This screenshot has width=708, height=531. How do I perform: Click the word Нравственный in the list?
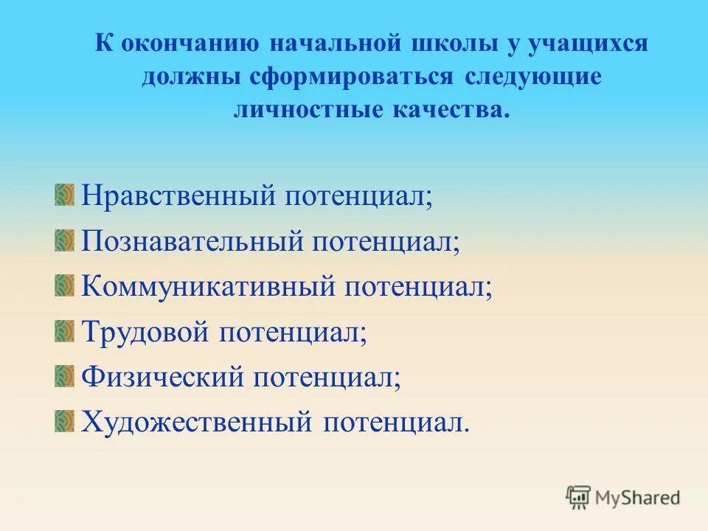pos(176,197)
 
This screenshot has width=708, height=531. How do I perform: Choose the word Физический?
pos(162,377)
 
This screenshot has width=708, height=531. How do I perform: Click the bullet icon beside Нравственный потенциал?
pos(65,195)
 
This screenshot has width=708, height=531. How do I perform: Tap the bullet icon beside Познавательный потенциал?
pos(65,240)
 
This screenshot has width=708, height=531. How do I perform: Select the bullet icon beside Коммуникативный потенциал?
pos(65,285)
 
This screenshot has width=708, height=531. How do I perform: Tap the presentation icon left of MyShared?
pos(578,498)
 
